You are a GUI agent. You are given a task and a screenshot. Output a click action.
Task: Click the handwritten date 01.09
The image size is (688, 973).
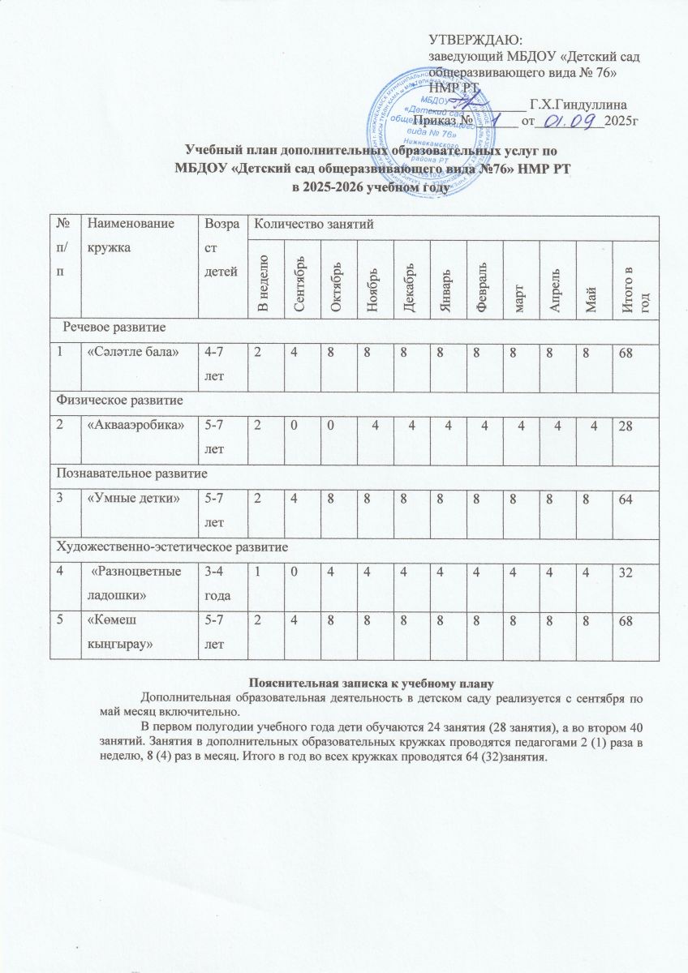point(570,122)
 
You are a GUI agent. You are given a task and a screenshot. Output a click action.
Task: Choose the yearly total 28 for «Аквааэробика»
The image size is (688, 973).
point(626,426)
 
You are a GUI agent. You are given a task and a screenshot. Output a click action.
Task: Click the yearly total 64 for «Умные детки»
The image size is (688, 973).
point(626,497)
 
